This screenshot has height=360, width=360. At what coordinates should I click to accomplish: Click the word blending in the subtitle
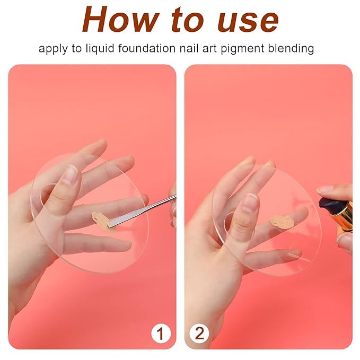[x=291, y=49]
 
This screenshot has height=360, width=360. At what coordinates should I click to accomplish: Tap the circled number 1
[x=160, y=333]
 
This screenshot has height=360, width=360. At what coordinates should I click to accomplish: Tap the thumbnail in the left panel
[x=69, y=174]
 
